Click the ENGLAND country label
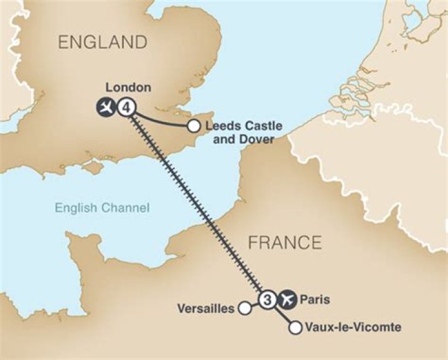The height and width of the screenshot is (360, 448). pos(103,43)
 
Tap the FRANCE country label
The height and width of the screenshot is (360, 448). pos(285,242)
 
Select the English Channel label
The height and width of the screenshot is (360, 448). pos(102,208)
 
